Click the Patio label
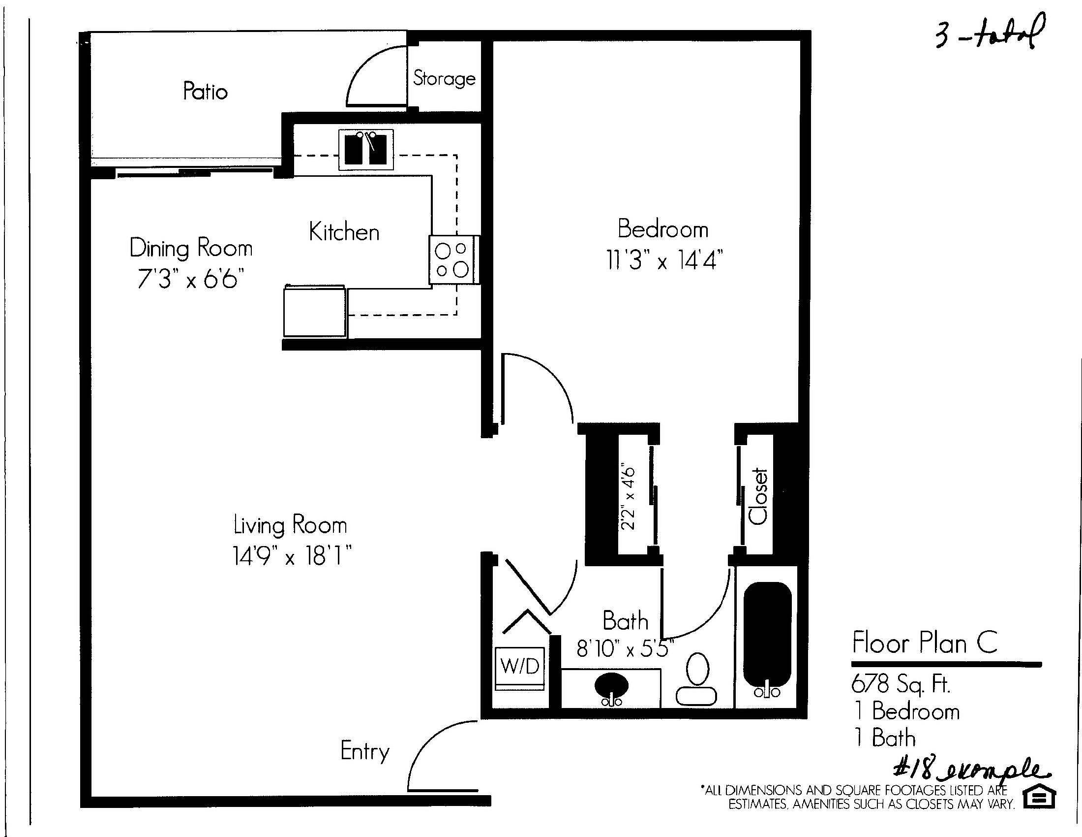pos(205,91)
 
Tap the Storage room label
pos(445,78)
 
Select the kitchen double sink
pos(365,149)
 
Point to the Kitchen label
pos(344,232)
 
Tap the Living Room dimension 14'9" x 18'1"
pos(292,556)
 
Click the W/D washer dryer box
pos(520,668)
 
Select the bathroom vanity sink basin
pos(611,686)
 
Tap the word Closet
pos(758,496)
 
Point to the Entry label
pos(365,752)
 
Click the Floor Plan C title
pos(925,643)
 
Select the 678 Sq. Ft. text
pos(901,684)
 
